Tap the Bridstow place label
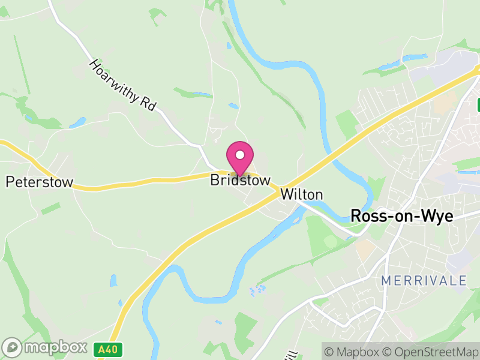click(240, 180)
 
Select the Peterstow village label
click(39, 182)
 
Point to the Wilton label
click(302, 194)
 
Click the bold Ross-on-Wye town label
click(401, 216)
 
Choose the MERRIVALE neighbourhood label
click(424, 280)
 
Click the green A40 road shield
click(108, 349)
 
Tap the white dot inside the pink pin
click(240, 155)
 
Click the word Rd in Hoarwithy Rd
click(148, 103)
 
